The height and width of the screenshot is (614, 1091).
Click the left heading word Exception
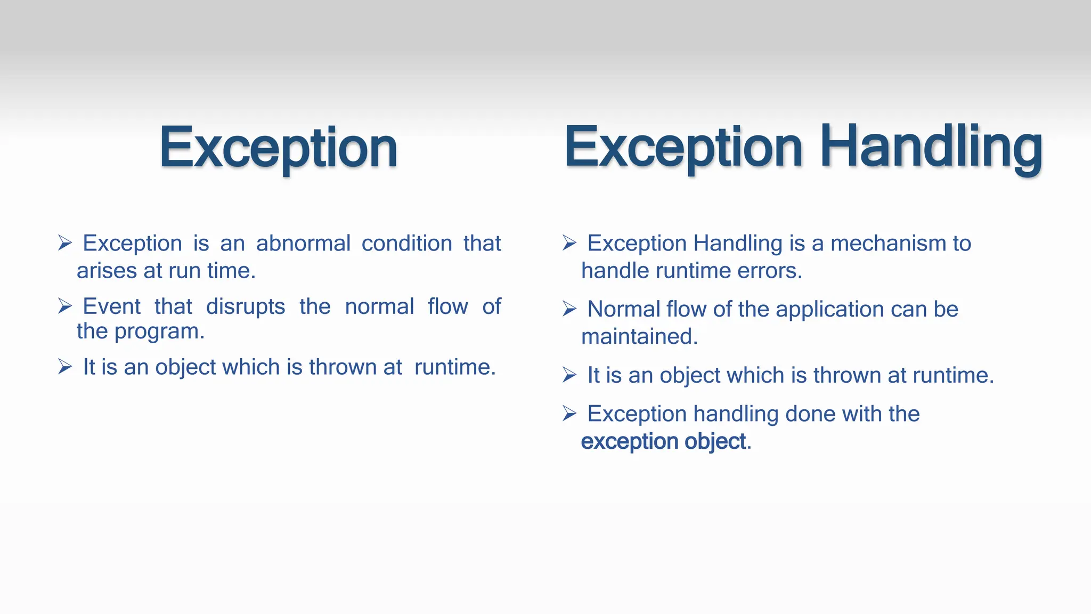pyautogui.click(x=278, y=148)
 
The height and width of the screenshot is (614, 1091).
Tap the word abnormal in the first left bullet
pyautogui.click(x=303, y=244)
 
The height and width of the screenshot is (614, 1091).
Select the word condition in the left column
pyautogui.click(x=407, y=244)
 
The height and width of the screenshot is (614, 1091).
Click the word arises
pyautogui.click(x=107, y=271)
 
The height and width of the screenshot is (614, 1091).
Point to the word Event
pyautogui.click(x=111, y=306)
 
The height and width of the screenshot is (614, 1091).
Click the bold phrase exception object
pyautogui.click(x=663, y=442)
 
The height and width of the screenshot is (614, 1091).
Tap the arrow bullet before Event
pyautogui.click(x=64, y=306)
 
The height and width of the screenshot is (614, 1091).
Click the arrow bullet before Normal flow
pyautogui.click(x=569, y=309)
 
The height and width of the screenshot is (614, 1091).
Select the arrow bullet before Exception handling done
pyautogui.click(x=569, y=413)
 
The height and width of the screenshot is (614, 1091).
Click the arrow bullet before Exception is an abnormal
pyautogui.click(x=64, y=243)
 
